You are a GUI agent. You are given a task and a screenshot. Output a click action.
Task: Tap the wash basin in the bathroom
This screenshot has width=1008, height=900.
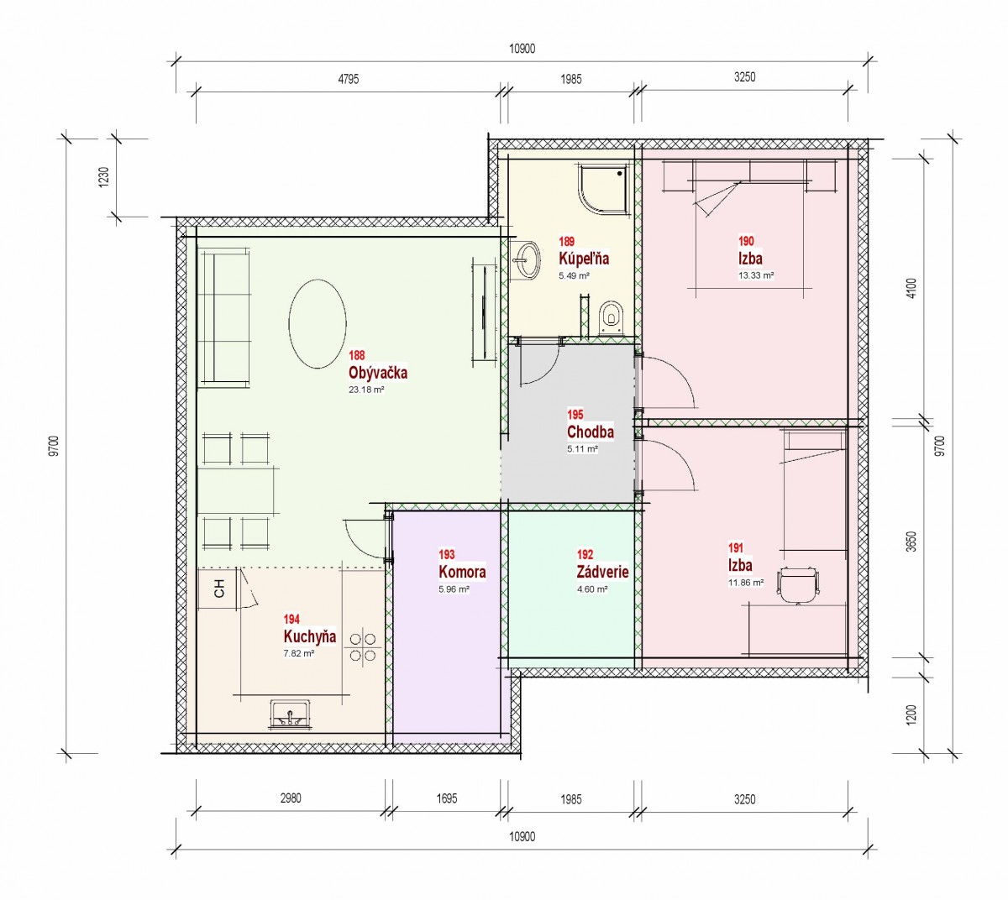coord(526,259)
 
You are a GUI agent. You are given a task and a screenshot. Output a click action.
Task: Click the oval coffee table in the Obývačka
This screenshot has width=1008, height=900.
coord(318,323)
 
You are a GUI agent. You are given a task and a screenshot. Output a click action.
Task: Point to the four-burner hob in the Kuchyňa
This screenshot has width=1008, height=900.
coord(363,647)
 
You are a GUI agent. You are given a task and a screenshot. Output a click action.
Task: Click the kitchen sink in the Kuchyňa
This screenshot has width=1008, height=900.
coord(291,715)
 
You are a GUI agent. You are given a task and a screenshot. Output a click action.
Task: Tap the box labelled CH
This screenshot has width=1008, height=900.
coord(218,588)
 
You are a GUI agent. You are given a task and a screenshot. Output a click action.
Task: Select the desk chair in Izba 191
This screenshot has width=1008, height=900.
coord(798,585)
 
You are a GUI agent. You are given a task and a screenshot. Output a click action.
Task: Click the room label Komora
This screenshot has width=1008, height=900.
coord(462,572)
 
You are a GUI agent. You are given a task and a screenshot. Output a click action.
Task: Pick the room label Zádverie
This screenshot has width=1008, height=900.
coord(602,572)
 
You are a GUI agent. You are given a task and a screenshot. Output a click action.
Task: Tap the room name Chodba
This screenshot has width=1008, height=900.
coord(590,432)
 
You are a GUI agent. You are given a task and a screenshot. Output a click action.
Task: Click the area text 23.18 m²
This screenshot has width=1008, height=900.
coord(366,390)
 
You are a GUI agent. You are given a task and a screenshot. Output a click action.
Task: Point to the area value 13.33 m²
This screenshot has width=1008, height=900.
coord(756,275)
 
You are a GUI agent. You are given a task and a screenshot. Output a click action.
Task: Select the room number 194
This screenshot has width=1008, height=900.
coord(291,619)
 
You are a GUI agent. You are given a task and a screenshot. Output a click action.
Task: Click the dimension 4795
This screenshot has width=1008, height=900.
coord(349,79)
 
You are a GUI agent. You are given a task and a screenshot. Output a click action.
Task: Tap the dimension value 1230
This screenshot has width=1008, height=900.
coord(104,177)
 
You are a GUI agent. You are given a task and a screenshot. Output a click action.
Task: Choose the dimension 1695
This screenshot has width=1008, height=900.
coord(447,798)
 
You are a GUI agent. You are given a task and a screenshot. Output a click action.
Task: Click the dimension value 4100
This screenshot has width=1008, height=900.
coord(911,288)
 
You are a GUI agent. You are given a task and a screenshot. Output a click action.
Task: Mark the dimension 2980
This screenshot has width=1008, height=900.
coord(291,798)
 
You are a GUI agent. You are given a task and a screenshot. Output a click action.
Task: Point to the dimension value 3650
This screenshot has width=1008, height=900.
coord(911,542)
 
